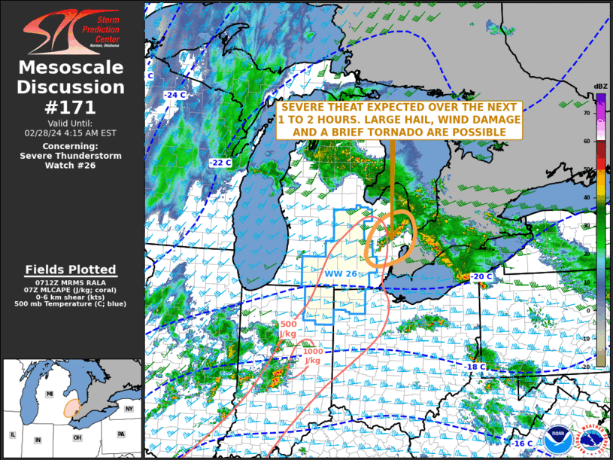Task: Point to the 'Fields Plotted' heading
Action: [71, 270]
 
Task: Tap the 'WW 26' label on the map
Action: [341, 273]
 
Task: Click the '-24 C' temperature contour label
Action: [174, 95]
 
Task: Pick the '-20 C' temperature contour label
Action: [481, 277]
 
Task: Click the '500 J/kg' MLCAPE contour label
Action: [287, 329]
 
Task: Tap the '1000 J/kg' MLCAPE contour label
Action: [313, 356]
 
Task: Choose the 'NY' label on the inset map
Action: [128, 409]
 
